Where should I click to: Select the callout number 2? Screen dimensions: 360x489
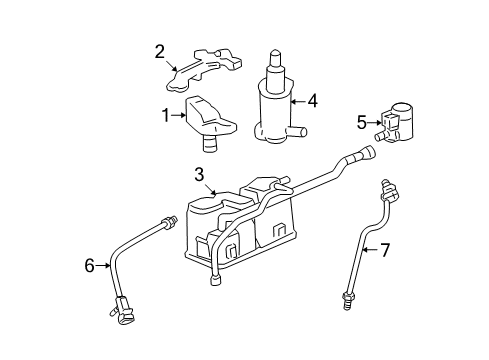pos(159,52)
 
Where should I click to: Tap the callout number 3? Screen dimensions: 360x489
pos(201,175)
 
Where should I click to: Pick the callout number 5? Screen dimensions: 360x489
pos(361,122)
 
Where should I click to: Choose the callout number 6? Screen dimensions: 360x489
pos(89,265)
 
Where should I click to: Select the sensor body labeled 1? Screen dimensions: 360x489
pos(211,118)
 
